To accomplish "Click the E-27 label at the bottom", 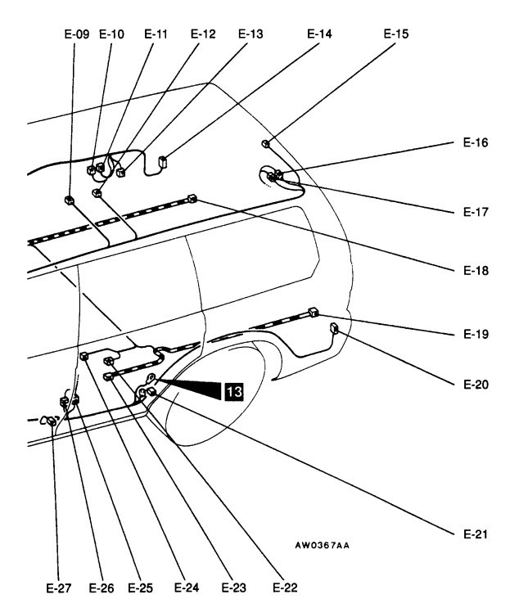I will (52, 587).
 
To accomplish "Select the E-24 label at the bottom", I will (187, 587).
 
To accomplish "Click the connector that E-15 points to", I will (266, 144).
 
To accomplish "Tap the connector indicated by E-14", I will (162, 161).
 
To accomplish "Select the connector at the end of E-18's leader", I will (192, 197).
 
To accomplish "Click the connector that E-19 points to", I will (313, 311).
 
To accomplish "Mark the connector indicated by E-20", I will (334, 329).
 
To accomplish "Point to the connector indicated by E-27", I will (51, 421).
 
